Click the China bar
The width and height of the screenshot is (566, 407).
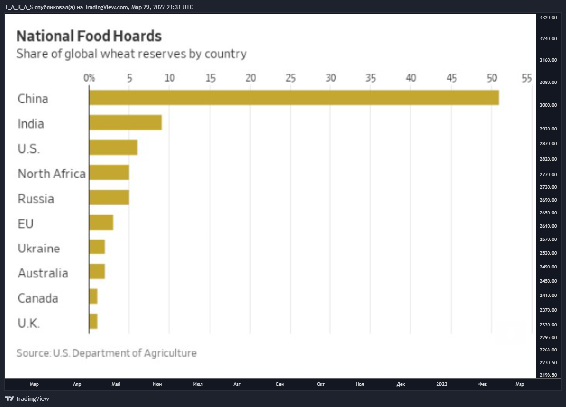[294, 98]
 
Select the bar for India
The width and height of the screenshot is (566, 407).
[125, 122]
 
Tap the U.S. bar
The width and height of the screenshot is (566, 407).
[113, 148]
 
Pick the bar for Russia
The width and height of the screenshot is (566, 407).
[109, 197]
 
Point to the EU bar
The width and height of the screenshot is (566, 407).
[101, 222]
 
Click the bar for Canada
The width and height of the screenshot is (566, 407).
[93, 296]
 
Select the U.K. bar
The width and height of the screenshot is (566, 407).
[93, 322]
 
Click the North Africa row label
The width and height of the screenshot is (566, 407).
[52, 174]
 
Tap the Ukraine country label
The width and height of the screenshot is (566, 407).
[38, 249]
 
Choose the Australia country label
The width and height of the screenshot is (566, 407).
[43, 273]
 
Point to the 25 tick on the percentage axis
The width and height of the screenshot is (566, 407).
[291, 78]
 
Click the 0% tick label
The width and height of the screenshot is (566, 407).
[89, 78]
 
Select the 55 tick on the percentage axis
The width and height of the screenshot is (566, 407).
[527, 78]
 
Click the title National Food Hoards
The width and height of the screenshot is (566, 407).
[89, 36]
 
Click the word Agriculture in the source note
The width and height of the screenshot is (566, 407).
[170, 353]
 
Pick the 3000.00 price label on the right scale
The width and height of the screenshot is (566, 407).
[548, 105]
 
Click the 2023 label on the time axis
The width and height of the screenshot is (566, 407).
[441, 384]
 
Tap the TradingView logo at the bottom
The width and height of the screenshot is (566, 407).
[27, 398]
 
